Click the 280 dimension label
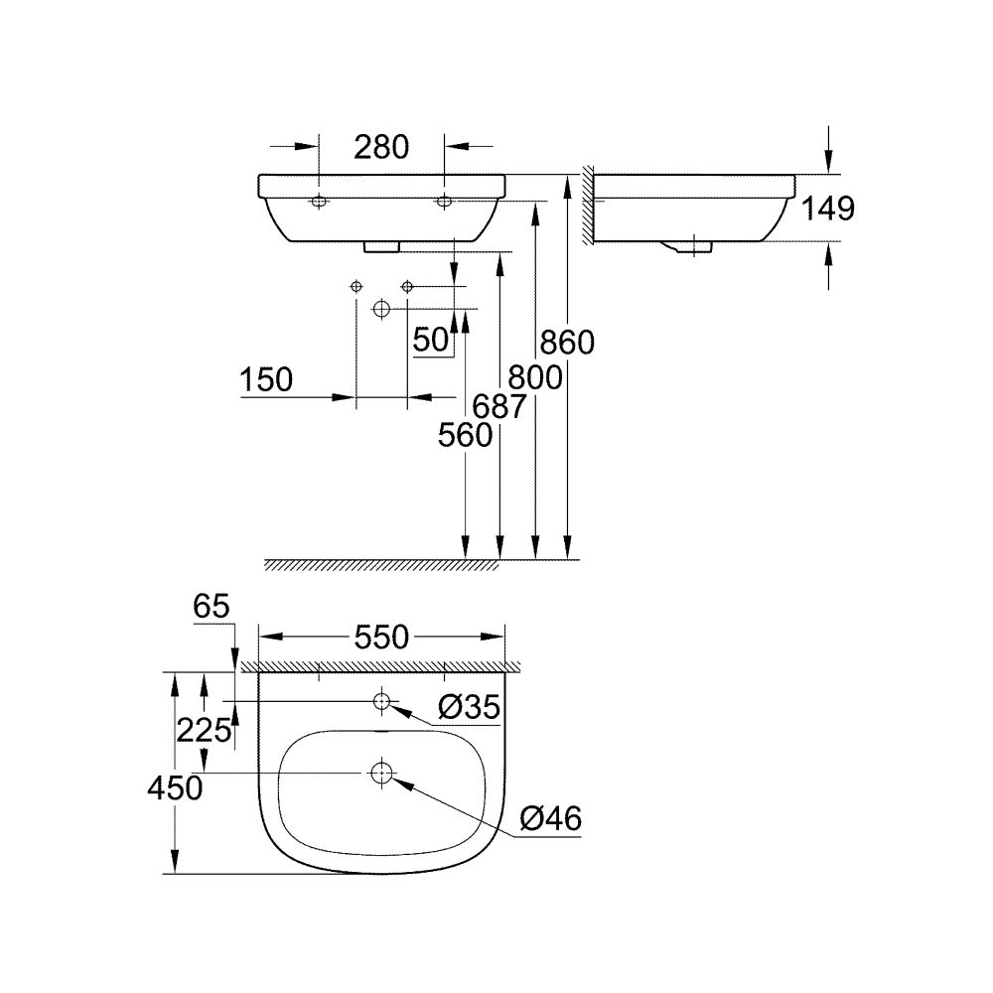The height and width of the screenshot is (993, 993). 381,147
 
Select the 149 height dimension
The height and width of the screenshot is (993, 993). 827,208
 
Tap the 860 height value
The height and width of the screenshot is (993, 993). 566,343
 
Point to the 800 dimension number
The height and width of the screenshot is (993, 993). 534,377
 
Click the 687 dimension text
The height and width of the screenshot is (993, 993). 499,406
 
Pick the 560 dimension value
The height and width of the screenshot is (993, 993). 465,435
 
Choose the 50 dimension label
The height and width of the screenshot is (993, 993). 431,341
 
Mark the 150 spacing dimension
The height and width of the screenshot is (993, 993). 265,379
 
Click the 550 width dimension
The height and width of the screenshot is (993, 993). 381,638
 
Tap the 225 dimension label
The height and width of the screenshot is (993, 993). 204,731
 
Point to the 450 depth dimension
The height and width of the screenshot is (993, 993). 175,787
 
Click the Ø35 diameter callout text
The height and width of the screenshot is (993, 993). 466,707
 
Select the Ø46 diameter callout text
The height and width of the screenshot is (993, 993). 550,819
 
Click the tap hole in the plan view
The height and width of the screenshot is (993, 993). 381,702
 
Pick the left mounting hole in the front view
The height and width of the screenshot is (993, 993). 319,203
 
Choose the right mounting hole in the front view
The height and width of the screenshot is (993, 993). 444,203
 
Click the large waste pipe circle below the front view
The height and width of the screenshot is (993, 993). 381,310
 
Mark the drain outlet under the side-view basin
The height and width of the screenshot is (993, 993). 688,246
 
